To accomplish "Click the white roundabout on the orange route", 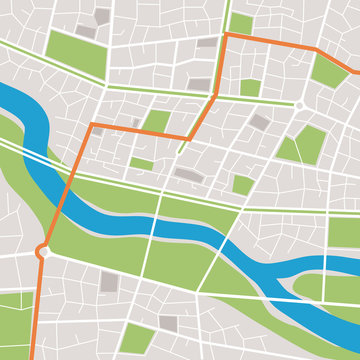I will tap(42, 252).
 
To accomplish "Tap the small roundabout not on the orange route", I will tap(298, 104).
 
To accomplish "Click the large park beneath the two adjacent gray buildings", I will tap(77, 54).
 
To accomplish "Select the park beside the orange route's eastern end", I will tap(329, 71).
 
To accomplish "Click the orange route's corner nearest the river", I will tap(92, 125).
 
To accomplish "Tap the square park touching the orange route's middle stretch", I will tap(156, 122).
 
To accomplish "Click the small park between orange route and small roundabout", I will tap(250, 88).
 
